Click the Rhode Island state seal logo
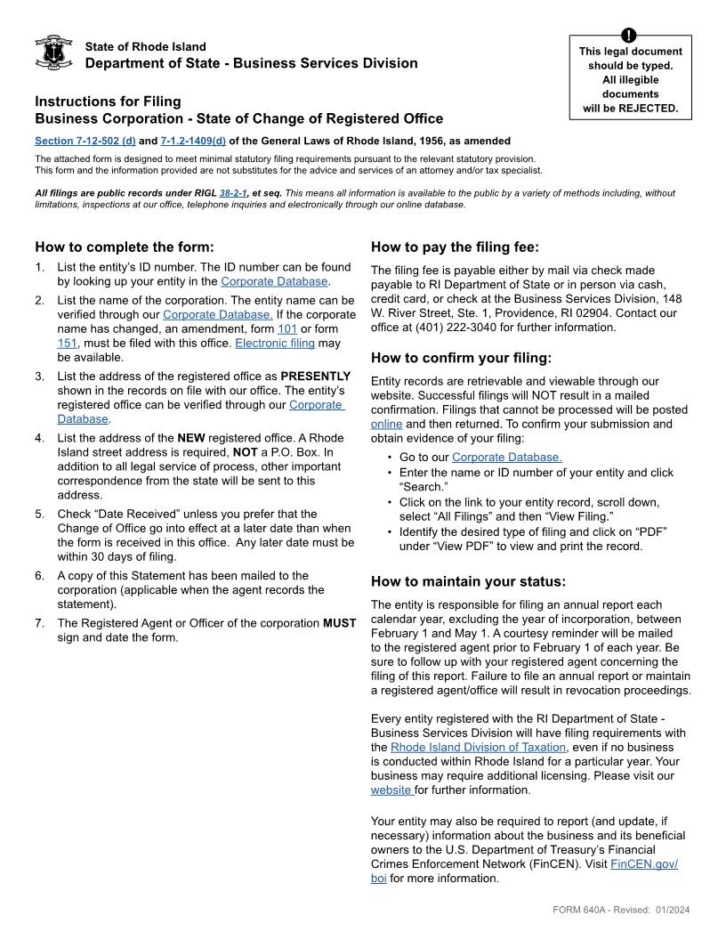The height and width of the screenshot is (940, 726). click(52, 53)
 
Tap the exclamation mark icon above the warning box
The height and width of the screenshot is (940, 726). click(630, 36)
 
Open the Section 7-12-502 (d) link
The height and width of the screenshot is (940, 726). click(85, 141)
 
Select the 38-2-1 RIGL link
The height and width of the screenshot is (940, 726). click(233, 192)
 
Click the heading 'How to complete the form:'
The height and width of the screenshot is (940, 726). click(124, 247)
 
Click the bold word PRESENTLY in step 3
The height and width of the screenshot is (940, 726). click(316, 377)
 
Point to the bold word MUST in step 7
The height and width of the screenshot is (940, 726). click(339, 623)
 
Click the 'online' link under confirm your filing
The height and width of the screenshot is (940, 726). click(386, 424)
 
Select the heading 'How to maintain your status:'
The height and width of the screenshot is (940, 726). click(468, 582)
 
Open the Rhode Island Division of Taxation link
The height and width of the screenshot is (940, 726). click(478, 748)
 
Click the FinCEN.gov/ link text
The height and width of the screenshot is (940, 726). click(643, 864)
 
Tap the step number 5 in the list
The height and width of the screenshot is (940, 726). click(40, 515)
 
